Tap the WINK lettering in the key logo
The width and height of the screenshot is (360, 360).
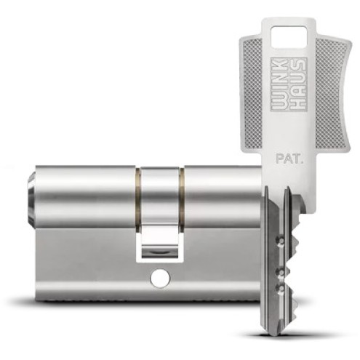click(x=279, y=84)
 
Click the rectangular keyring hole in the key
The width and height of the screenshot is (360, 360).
click(x=289, y=36)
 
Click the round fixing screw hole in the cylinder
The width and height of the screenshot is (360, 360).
click(x=160, y=277)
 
